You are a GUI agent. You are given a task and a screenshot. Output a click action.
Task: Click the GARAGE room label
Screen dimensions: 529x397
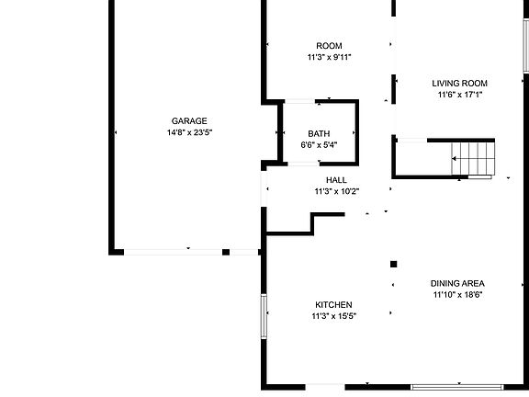[x=189, y=121]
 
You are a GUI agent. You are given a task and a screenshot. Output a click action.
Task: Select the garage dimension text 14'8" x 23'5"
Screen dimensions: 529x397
[x=189, y=132]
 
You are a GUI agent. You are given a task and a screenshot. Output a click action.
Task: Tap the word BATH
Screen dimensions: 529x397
[x=319, y=133]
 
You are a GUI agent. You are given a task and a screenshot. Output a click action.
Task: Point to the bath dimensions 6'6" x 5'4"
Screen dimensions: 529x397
[x=319, y=145]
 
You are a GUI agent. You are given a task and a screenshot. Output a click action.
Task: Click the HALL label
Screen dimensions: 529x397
[x=336, y=180]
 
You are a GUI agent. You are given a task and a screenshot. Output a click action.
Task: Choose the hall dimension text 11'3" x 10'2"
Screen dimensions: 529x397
[x=337, y=191]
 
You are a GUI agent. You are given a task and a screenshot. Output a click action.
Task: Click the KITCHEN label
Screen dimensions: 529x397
[x=333, y=305]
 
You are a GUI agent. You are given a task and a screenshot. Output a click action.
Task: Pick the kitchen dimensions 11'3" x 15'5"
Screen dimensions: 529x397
[x=334, y=316]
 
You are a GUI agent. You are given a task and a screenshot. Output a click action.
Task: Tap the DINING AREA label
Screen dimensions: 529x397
[x=457, y=283]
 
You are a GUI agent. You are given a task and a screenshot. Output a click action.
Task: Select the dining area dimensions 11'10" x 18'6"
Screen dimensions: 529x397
[x=457, y=295]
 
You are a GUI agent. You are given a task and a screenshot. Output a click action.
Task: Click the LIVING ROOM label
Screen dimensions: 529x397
[x=459, y=83]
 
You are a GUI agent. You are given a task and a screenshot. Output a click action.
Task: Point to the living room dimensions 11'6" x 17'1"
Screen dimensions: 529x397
[x=460, y=95]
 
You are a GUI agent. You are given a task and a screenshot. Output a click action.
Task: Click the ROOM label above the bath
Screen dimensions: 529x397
[x=329, y=46]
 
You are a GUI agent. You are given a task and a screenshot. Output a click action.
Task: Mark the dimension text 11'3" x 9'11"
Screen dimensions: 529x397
[x=329, y=57]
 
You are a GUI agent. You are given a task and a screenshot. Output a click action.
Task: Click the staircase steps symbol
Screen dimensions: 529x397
[x=473, y=159]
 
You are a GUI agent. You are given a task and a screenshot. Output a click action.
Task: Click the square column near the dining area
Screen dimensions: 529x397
[x=393, y=264]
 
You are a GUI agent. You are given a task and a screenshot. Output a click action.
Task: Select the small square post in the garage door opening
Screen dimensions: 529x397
[x=226, y=252]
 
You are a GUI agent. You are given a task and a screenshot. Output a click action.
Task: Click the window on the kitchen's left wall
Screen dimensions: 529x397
[x=264, y=316]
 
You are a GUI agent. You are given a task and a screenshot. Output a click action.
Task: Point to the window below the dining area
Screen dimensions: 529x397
[x=457, y=387]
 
